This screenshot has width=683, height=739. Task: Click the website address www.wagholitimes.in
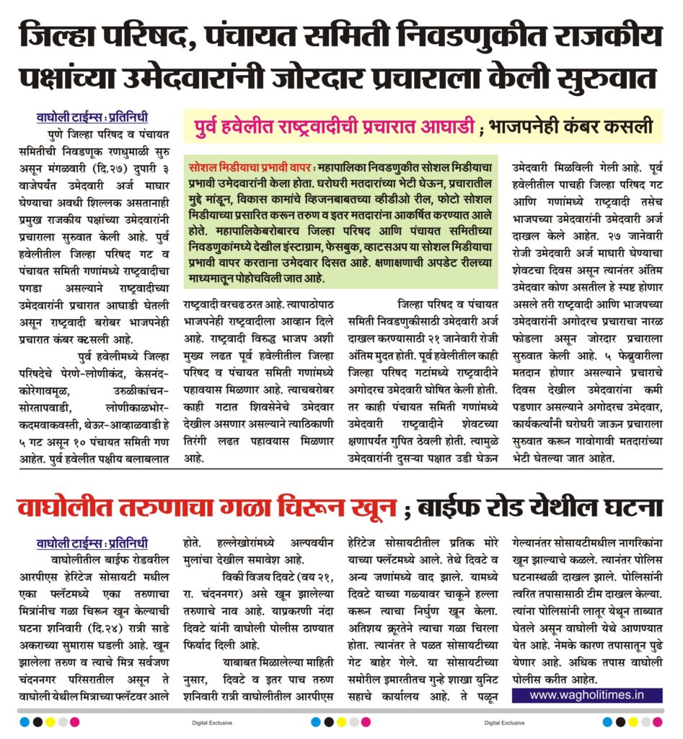click(x=586, y=695)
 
